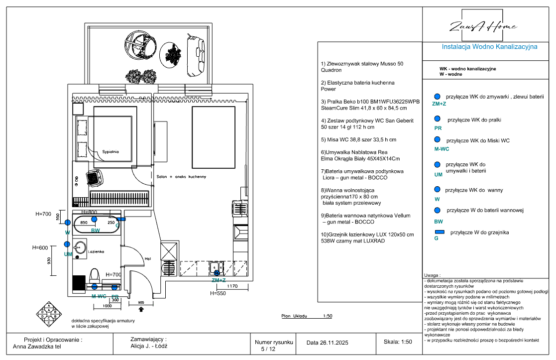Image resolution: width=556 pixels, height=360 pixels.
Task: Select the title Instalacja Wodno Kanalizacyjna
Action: click(x=490, y=47)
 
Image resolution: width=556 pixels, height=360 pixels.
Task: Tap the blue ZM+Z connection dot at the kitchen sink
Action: click(x=217, y=273)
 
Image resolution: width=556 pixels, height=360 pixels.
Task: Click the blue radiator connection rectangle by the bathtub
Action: click(x=121, y=219)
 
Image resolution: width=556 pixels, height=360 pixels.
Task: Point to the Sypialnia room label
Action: click(x=111, y=151)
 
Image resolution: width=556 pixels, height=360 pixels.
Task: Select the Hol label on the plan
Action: click(x=147, y=258)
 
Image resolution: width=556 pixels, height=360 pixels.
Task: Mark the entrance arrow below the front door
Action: click(x=141, y=309)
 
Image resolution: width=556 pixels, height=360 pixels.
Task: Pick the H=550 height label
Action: click(x=218, y=294)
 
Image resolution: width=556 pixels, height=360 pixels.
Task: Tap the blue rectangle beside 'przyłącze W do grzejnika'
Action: click(x=439, y=232)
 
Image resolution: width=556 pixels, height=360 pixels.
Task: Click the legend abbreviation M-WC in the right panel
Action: click(x=442, y=149)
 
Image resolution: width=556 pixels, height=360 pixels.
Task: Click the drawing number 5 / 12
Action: click(x=268, y=349)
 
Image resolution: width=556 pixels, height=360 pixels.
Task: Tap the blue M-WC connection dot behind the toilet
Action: click(x=95, y=286)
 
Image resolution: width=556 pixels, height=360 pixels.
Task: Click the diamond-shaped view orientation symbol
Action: click(x=49, y=314)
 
